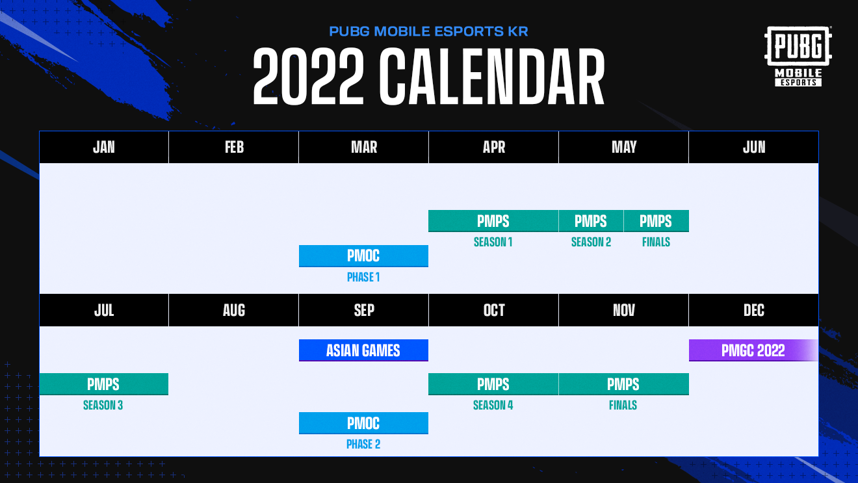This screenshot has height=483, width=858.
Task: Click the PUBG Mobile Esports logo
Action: tap(798, 56)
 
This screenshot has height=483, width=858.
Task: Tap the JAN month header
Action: tap(104, 147)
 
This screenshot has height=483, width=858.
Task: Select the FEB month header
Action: tap(233, 147)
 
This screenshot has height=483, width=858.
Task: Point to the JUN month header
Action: tap(754, 147)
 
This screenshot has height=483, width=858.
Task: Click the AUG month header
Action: tap(233, 310)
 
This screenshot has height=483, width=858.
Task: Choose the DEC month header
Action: tap(754, 310)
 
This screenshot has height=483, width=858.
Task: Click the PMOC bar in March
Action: tap(363, 256)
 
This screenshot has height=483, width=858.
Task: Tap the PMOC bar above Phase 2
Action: tap(363, 423)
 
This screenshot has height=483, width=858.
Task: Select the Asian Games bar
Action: tap(363, 350)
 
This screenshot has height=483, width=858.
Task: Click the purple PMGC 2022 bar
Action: tap(753, 350)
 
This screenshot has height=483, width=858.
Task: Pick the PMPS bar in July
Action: tap(104, 384)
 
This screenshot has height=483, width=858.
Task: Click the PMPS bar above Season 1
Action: tap(493, 221)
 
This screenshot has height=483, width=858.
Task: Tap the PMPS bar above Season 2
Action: tap(591, 221)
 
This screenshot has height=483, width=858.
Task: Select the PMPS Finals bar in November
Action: tap(623, 384)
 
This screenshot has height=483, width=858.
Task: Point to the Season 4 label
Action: tap(493, 405)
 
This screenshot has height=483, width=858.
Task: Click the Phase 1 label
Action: tap(363, 278)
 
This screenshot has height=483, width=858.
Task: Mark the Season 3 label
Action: tap(103, 405)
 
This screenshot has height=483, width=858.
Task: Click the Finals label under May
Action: tap(656, 242)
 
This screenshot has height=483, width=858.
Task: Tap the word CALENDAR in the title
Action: tap(492, 77)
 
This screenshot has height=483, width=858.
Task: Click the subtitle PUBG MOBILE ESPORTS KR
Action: tap(428, 31)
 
